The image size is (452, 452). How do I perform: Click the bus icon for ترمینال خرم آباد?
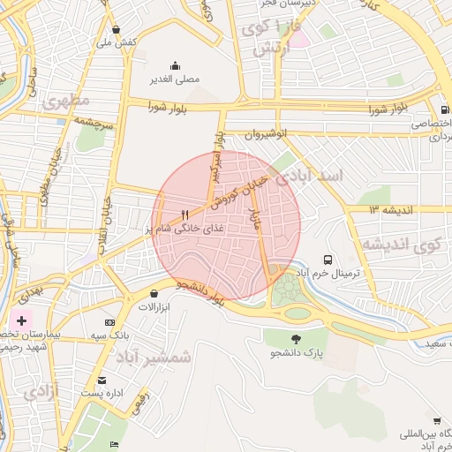click(328, 260)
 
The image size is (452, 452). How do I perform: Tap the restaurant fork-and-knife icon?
click(185, 215)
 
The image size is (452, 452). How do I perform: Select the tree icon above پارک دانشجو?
click(295, 338)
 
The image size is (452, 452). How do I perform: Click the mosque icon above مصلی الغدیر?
click(175, 65)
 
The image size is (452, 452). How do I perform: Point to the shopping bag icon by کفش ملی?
click(117, 28)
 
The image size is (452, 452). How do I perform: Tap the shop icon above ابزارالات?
click(155, 293)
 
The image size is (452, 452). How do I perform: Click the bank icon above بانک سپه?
click(109, 323)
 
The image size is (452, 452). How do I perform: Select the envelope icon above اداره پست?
click(102, 380)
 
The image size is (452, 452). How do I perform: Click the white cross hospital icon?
click(21, 317)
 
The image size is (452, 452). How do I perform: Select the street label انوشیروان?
click(267, 134)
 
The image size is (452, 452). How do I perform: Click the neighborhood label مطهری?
click(59, 99)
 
